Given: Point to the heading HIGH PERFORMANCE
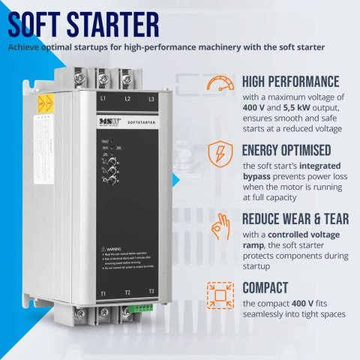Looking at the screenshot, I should pos(291,81).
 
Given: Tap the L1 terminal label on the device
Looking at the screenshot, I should pos(103,98).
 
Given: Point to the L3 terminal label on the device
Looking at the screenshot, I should pos(151,98).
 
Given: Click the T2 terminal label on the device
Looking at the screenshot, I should pos(128,292).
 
